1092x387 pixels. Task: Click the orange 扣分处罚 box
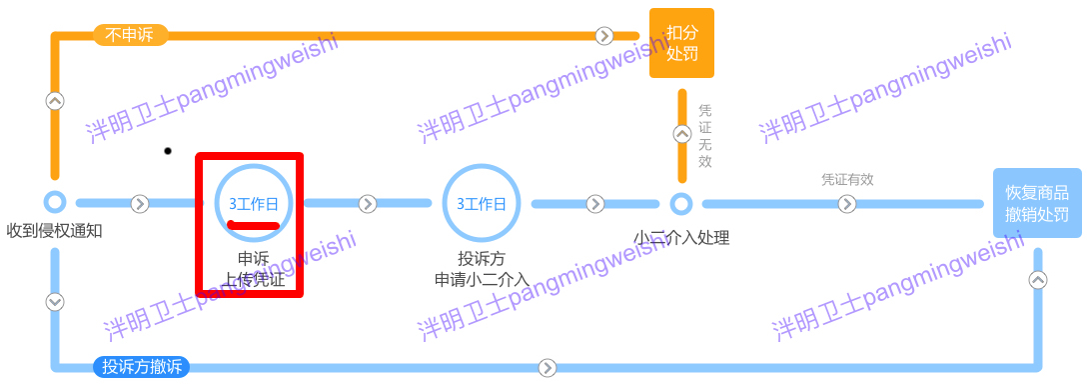point(681,43)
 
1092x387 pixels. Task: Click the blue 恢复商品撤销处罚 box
point(1037,203)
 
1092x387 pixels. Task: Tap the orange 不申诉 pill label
point(130,35)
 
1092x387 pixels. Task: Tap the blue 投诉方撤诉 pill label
point(141,367)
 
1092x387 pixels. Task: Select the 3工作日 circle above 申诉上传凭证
point(254,203)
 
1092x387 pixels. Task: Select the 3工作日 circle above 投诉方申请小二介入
point(482,203)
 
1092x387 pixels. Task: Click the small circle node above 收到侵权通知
point(55,203)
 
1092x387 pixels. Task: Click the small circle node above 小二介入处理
point(681,204)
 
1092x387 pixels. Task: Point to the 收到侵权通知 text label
point(55,232)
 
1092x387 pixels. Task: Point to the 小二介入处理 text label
point(681,238)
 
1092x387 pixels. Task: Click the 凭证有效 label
point(847,180)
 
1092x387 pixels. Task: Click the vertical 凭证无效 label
point(705,135)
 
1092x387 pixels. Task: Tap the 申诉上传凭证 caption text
point(254,269)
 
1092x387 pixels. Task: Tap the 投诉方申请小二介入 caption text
point(482,269)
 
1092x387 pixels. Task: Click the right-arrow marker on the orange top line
point(603,36)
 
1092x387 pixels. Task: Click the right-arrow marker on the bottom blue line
point(546,367)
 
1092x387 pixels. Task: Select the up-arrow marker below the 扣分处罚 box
point(681,133)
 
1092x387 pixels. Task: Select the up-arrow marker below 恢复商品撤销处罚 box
point(1038,280)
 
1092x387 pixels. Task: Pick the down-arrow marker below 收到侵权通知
point(55,301)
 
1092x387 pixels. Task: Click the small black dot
point(168,151)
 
